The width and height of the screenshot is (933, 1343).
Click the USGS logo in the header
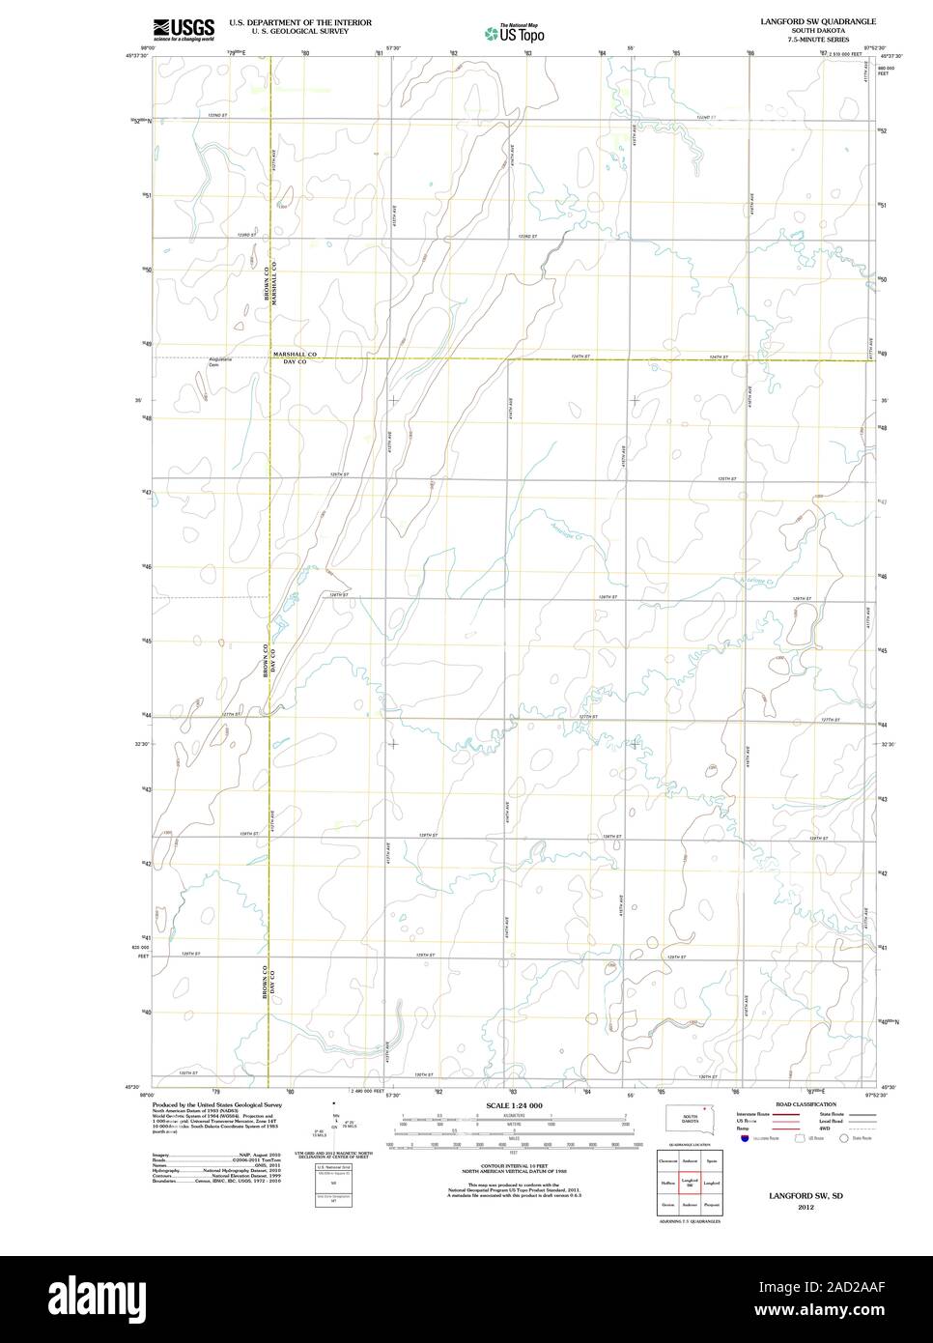184,28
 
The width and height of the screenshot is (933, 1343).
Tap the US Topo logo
514,34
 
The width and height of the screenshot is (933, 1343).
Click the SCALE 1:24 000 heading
514,1105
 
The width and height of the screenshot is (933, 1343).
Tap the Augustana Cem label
221,361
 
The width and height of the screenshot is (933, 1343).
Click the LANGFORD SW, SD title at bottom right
805,1196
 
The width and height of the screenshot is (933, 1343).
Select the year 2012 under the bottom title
805,1207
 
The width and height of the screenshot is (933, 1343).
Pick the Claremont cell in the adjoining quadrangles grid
667,1160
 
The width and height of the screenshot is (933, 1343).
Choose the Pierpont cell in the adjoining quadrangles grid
712,1205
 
